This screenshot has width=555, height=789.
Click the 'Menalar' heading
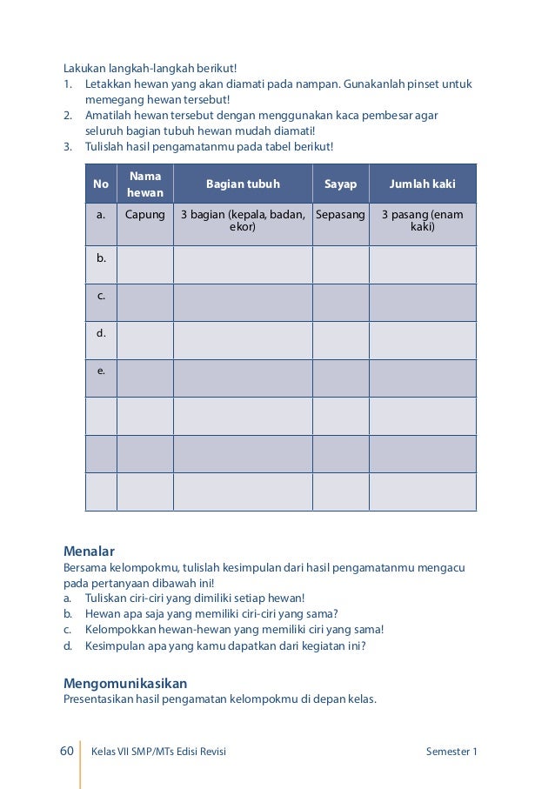pos(90,551)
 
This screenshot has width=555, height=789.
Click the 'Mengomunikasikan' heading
pos(125,683)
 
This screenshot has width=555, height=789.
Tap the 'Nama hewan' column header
pos(145,184)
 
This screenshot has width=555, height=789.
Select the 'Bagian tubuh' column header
pos(243,184)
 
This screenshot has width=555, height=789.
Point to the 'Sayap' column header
pos(341,184)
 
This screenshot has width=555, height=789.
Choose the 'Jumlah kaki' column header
pos(423,184)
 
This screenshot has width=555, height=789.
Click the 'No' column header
pos(101,184)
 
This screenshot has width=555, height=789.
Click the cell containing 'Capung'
pos(145,214)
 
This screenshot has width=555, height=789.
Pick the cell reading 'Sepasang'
pos(341,214)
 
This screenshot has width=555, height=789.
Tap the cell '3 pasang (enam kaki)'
pos(423,220)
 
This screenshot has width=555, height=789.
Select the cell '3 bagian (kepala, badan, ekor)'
pos(243,220)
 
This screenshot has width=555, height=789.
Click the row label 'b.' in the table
pos(101,257)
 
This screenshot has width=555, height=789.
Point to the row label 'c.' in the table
pos(101,296)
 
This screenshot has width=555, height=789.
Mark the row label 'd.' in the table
pos(101,333)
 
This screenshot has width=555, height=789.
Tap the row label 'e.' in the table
pos(101,371)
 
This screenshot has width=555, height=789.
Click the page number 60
pos(66,752)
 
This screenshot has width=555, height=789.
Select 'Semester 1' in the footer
pos(451,752)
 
